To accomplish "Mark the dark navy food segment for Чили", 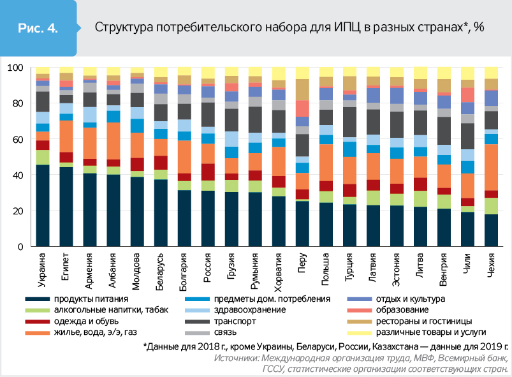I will pos(467,229).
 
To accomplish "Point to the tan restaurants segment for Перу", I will pos(302,90).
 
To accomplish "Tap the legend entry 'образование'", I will pos(406,310).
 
